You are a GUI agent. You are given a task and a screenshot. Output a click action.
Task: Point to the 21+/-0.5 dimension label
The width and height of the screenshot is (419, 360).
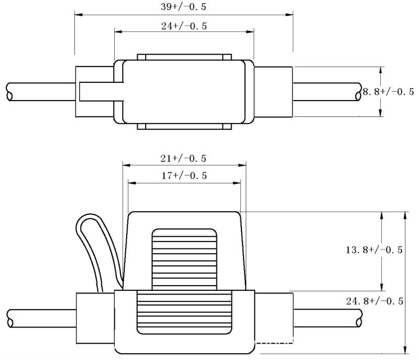click(x=183, y=158)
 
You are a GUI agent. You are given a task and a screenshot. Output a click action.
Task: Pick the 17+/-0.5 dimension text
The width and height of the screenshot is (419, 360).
click(x=183, y=176)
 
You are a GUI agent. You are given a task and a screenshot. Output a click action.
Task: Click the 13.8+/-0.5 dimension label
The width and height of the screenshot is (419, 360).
click(x=374, y=250)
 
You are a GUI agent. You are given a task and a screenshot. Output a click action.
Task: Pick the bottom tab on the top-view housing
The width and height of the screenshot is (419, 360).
click(x=184, y=126)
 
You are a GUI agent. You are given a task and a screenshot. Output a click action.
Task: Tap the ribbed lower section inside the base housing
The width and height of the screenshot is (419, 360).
click(x=184, y=312)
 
